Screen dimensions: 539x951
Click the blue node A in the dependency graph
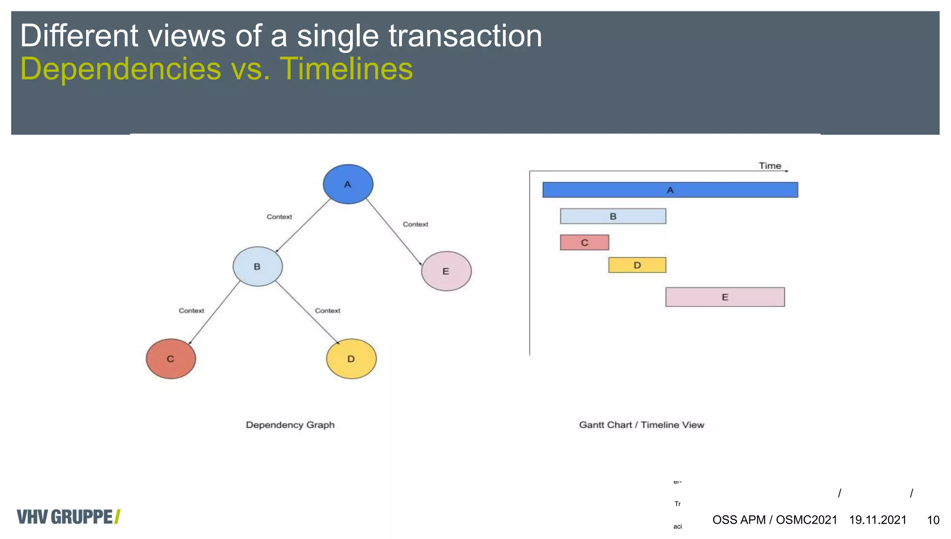click(x=348, y=184)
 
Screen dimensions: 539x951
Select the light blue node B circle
click(x=257, y=266)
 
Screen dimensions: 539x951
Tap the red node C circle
click(x=171, y=359)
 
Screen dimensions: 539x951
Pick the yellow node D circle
click(x=351, y=359)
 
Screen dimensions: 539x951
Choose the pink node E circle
click(x=446, y=271)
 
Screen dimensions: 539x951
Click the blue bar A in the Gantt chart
click(x=670, y=190)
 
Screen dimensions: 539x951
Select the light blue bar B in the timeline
click(x=613, y=217)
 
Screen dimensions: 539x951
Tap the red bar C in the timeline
click(x=584, y=243)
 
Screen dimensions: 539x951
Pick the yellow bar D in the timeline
click(x=637, y=265)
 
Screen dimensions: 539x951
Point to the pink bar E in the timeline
click(x=725, y=297)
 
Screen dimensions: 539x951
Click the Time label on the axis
click(x=770, y=166)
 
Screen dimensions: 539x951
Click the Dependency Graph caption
click(x=290, y=425)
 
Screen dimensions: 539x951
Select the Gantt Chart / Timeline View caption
click(x=641, y=425)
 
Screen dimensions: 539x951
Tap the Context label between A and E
click(x=415, y=224)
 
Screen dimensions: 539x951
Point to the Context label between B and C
click(x=191, y=311)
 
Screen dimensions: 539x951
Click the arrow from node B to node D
click(x=307, y=312)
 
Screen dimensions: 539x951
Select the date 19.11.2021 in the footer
click(x=878, y=520)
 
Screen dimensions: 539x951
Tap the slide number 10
click(x=933, y=520)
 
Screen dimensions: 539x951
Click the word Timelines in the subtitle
click(x=346, y=69)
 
